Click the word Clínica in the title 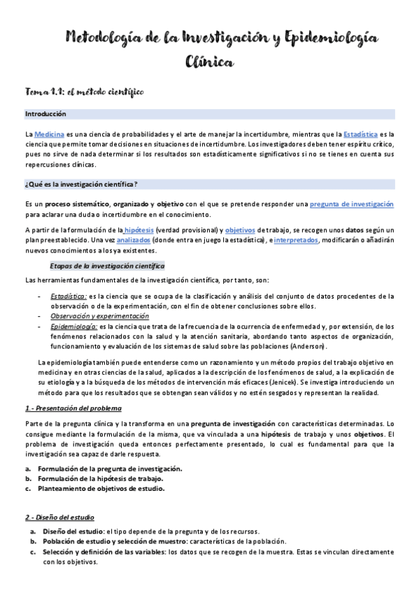tap(209, 62)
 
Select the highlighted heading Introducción tap(45, 114)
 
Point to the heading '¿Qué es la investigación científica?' tap(81, 184)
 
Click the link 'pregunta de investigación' tap(352, 203)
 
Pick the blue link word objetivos tap(239, 230)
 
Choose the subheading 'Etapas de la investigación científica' tap(107, 266)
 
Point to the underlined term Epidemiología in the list tap(73, 327)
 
